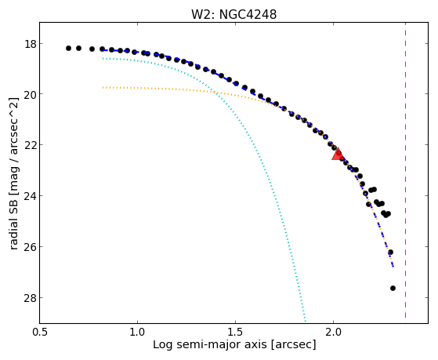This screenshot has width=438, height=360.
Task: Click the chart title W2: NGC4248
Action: tap(233, 14)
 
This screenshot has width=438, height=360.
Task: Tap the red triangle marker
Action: tap(338, 154)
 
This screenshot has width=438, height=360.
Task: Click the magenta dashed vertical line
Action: tap(405, 170)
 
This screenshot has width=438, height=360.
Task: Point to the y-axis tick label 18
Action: tap(30, 44)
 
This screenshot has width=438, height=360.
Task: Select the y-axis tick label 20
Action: tap(30, 94)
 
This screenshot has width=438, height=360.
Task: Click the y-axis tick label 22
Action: tap(30, 145)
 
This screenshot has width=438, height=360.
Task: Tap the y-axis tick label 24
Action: tap(30, 196)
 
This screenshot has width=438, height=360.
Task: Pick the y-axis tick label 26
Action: tap(30, 247)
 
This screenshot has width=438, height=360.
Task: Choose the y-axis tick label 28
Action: tap(30, 297)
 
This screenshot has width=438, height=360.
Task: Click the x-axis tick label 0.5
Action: tap(40, 332)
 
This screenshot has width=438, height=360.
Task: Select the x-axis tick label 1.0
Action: tap(137, 332)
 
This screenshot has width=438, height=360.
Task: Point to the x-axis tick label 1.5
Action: tap(235, 332)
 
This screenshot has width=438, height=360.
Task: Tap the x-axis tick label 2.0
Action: tap(333, 332)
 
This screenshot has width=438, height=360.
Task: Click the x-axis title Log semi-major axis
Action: tap(210, 345)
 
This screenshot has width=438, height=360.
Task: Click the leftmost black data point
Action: tap(68, 48)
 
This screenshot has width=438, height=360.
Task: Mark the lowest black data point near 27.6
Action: tap(393, 288)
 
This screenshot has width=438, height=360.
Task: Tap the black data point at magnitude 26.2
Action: tap(390, 253)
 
